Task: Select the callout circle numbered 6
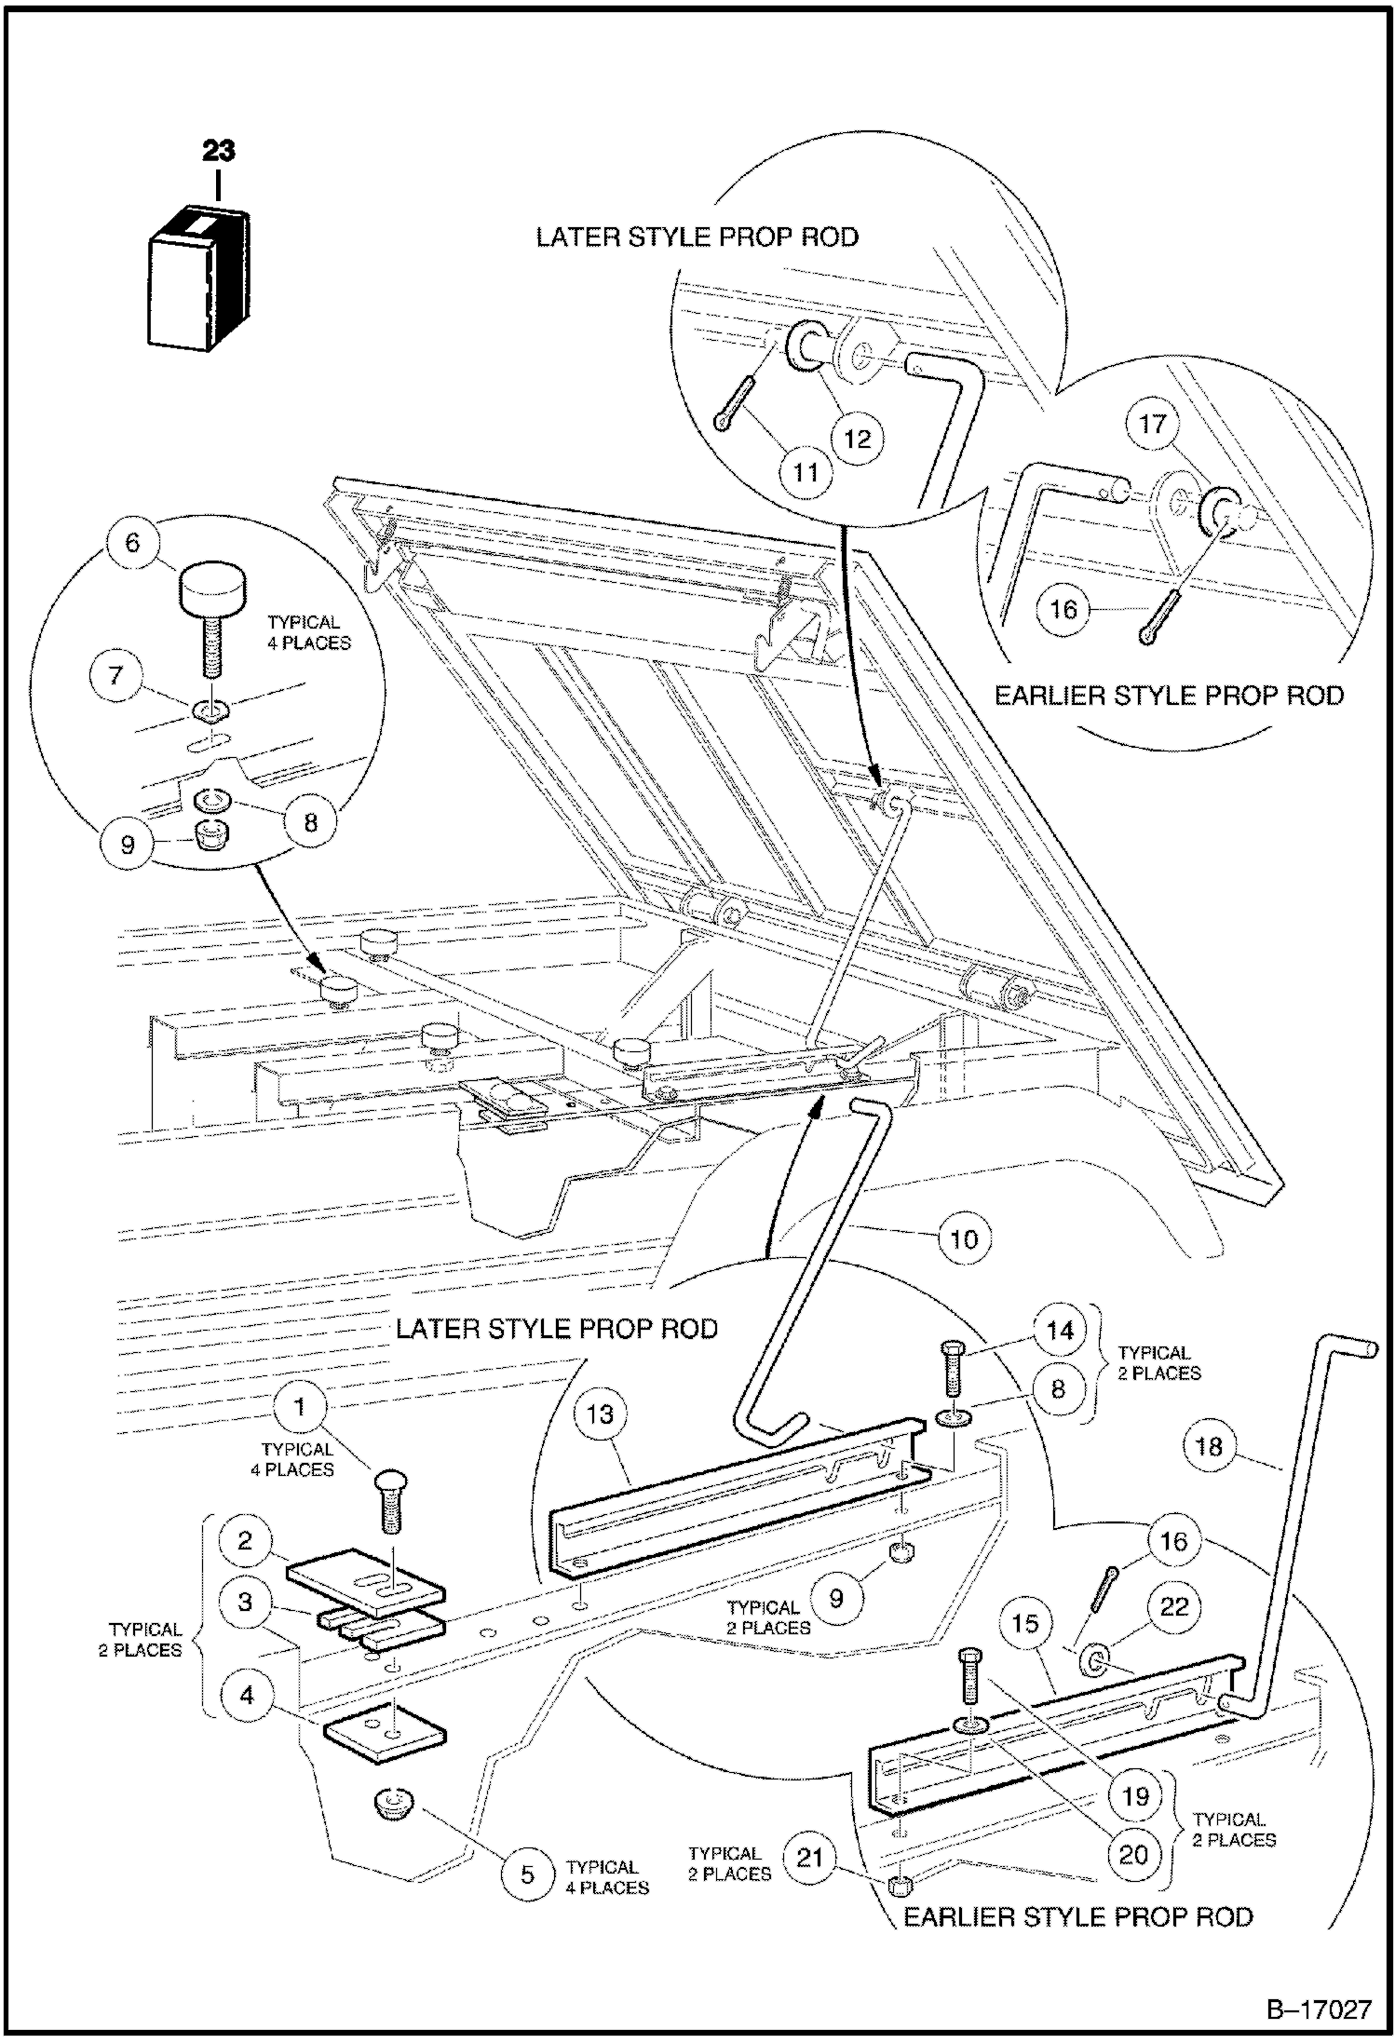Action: pos(132,543)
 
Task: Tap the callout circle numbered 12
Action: pos(857,438)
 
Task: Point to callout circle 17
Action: pos(1153,424)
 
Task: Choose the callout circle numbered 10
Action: pos(965,1239)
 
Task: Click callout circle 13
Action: pos(600,1414)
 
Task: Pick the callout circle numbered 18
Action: pos(1209,1446)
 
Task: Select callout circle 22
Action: pos(1174,1607)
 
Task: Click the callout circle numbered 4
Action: pos(246,1695)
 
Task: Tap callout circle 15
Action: pos(1024,1623)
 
